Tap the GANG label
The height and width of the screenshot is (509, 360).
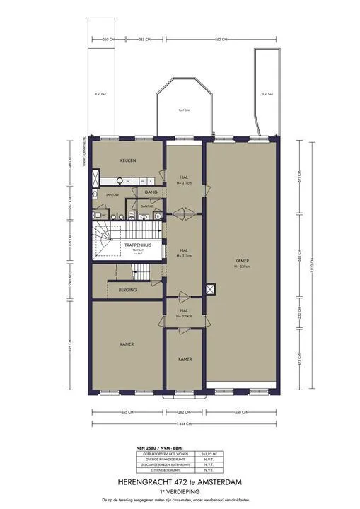151,192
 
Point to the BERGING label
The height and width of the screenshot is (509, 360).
128,290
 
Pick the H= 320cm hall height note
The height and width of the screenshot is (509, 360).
183,317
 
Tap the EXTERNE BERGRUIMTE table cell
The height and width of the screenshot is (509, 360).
161,473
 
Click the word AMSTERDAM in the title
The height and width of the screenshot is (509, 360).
220,481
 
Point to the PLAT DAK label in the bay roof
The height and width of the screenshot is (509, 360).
183,110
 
